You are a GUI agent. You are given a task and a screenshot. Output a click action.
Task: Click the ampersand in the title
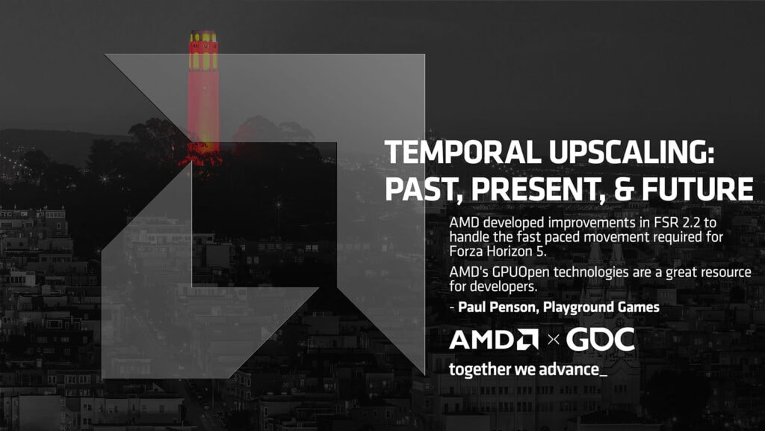(x=618, y=188)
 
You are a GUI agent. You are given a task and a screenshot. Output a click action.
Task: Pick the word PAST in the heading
(x=415, y=188)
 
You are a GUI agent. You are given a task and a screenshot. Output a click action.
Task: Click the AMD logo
(x=494, y=340)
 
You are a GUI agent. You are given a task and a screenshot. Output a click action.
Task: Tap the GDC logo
(x=600, y=340)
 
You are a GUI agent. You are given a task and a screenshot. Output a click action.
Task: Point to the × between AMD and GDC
(x=553, y=340)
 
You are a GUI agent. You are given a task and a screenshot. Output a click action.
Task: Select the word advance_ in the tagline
(x=578, y=370)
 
